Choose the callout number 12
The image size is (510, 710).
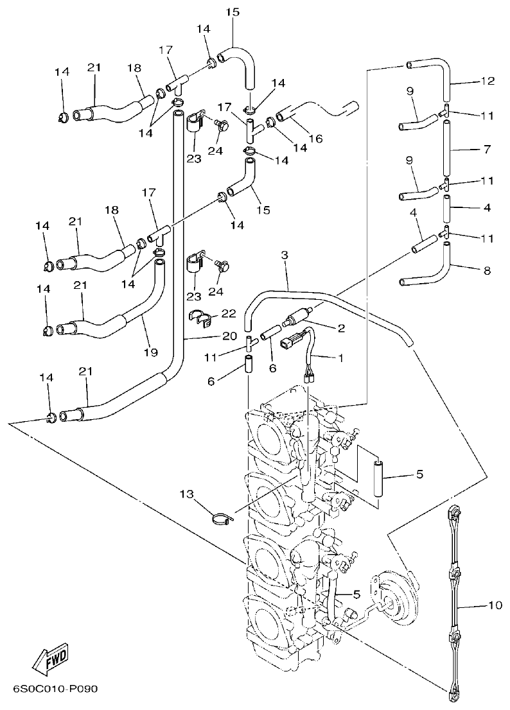(x=488, y=81)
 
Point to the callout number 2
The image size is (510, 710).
(x=341, y=328)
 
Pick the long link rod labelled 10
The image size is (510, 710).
(x=454, y=603)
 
